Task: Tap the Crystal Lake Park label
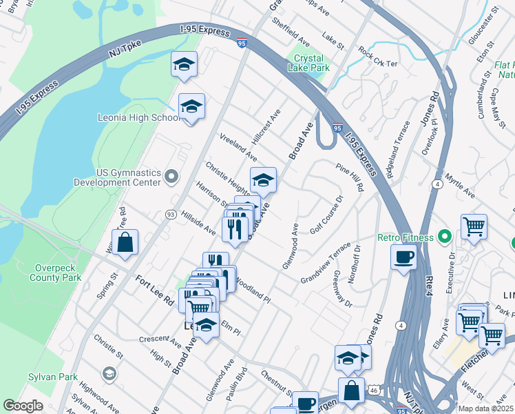click(x=313, y=63)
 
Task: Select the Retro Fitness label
click(x=406, y=238)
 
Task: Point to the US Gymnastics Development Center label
click(x=117, y=177)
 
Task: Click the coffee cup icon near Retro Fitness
click(x=403, y=257)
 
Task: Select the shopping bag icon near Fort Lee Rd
click(x=125, y=243)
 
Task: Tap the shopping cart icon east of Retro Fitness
click(x=474, y=226)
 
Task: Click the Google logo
click(x=23, y=405)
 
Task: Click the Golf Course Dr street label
click(x=326, y=215)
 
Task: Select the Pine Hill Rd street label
click(x=350, y=178)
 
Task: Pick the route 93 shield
click(x=170, y=215)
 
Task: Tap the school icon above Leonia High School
click(x=184, y=64)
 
